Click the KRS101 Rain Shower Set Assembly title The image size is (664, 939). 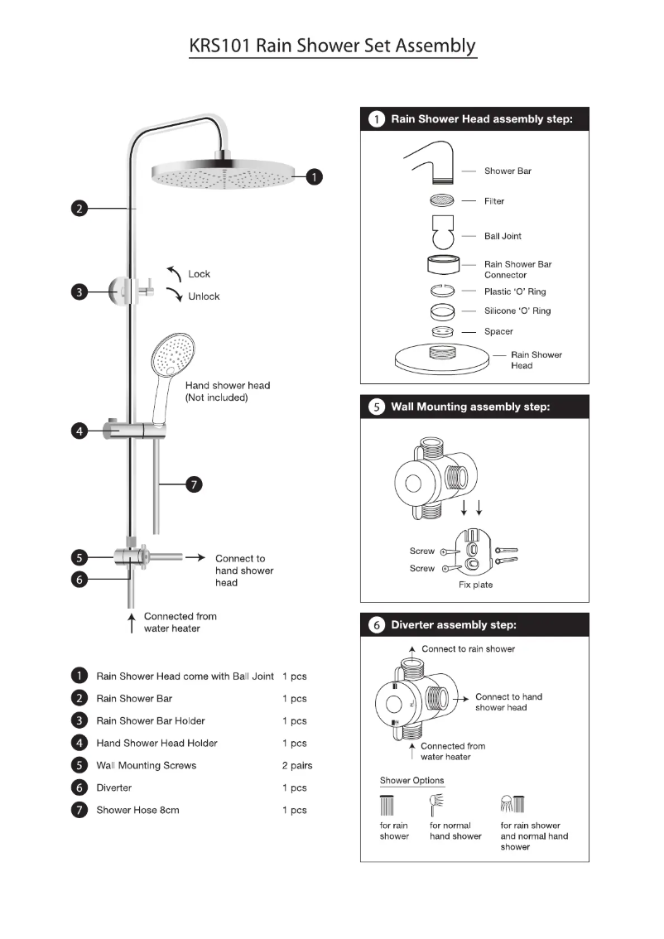[333, 45]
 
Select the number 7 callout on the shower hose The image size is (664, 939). [193, 485]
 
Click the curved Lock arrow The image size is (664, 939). [173, 273]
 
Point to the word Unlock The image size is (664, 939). [204, 296]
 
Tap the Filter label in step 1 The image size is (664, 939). [494, 201]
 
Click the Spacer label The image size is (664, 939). [498, 331]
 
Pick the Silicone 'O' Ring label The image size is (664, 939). [517, 311]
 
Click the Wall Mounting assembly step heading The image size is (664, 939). [469, 407]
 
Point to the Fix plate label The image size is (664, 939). [475, 585]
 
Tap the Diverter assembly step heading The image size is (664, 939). [453, 625]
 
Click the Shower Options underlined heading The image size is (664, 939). [411, 781]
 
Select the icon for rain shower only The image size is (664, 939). [387, 806]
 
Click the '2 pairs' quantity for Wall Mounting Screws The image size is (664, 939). [296, 766]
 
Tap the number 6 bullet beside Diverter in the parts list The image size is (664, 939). [79, 787]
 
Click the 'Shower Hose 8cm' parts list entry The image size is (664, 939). [137, 810]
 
